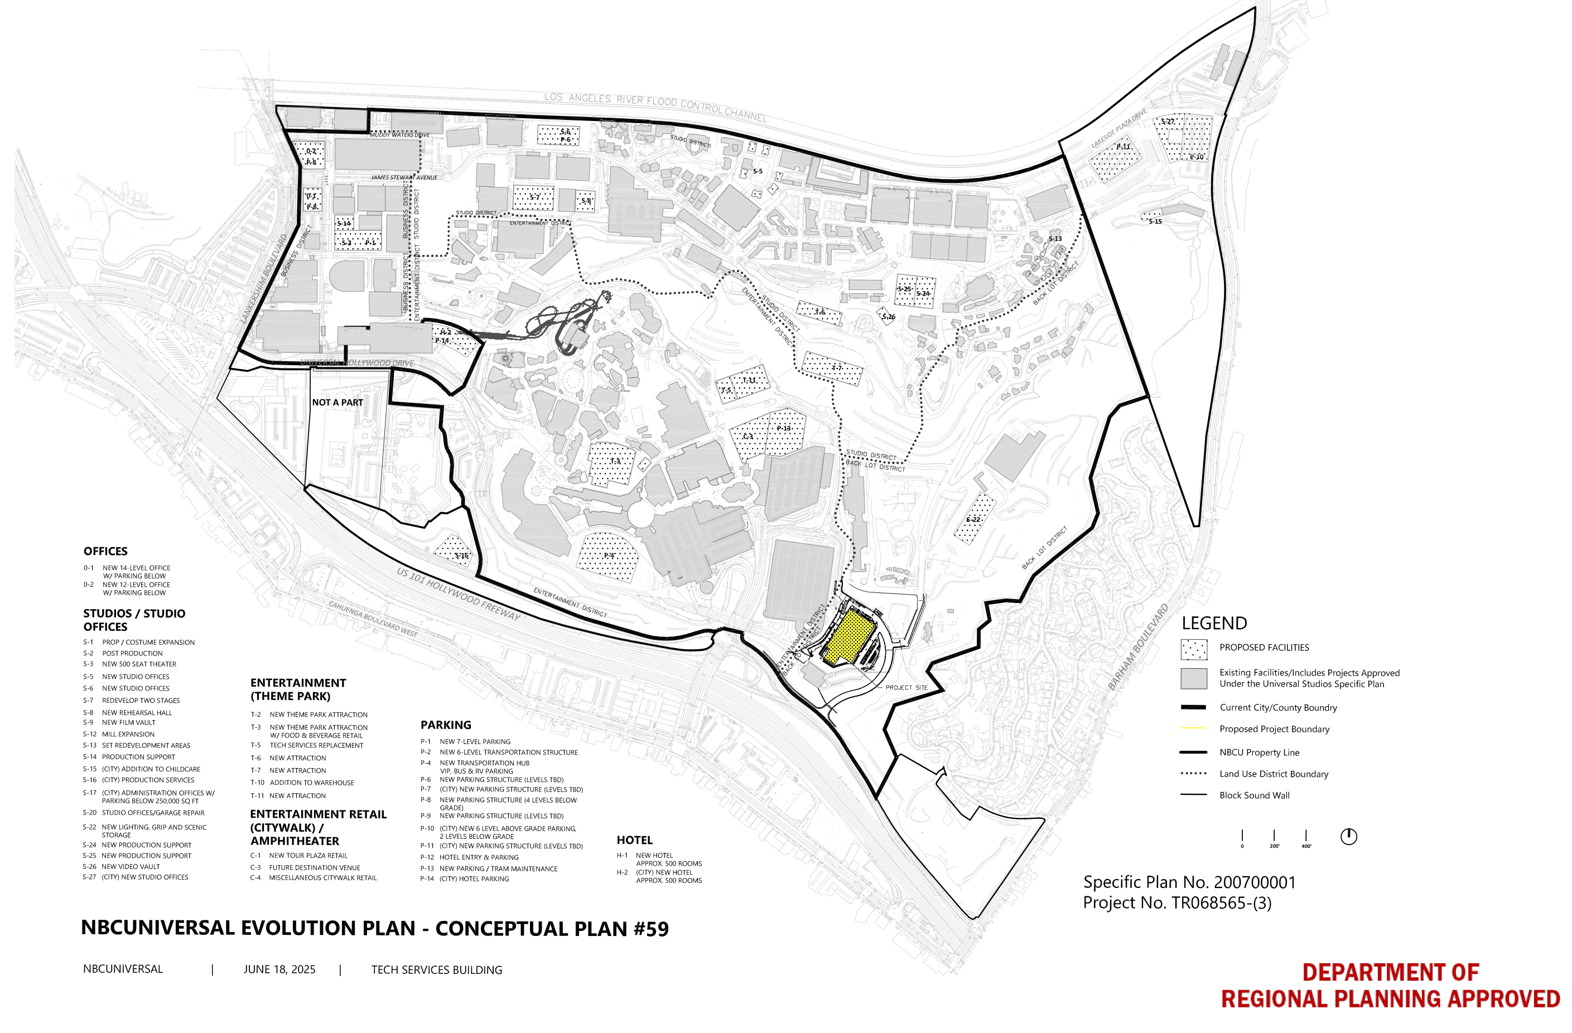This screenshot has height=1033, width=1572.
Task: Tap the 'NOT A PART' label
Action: coord(337,402)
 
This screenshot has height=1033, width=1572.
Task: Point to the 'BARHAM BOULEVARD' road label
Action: coord(1138,647)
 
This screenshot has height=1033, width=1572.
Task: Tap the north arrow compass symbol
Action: coord(1348,836)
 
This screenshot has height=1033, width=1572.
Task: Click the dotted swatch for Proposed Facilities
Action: coord(1194,649)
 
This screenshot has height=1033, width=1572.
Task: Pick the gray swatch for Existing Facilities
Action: coord(1194,678)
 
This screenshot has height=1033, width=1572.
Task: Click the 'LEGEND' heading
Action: coord(1214,624)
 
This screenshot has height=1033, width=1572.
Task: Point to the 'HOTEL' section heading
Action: coord(634,840)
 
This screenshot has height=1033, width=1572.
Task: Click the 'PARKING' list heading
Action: coord(446,725)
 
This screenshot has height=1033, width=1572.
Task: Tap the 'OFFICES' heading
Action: coord(105,552)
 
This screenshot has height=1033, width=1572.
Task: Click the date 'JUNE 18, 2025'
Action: coord(279,969)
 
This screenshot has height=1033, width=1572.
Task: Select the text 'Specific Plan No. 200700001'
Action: coord(1189,882)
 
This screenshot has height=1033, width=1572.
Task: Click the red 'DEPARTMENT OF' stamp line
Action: coord(1390,972)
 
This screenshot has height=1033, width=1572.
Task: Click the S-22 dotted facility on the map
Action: coord(974,519)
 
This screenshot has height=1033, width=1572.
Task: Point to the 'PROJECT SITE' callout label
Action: coord(906,688)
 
